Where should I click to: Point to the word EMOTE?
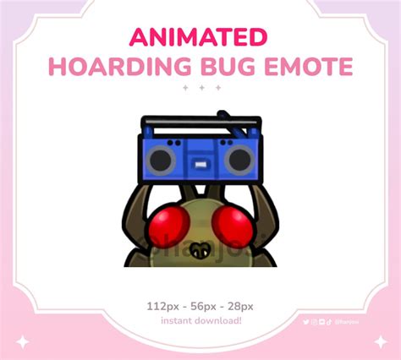pos(300,66)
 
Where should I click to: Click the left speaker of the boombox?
pos(159,158)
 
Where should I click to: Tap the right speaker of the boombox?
pos(239,158)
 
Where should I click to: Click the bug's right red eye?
pos(229,221)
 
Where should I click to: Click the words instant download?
pos(200,320)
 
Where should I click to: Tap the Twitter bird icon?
pos(306,321)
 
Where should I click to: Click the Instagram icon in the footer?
pos(314,321)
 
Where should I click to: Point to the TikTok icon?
pos(329,321)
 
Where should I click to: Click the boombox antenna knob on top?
pos(222,112)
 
